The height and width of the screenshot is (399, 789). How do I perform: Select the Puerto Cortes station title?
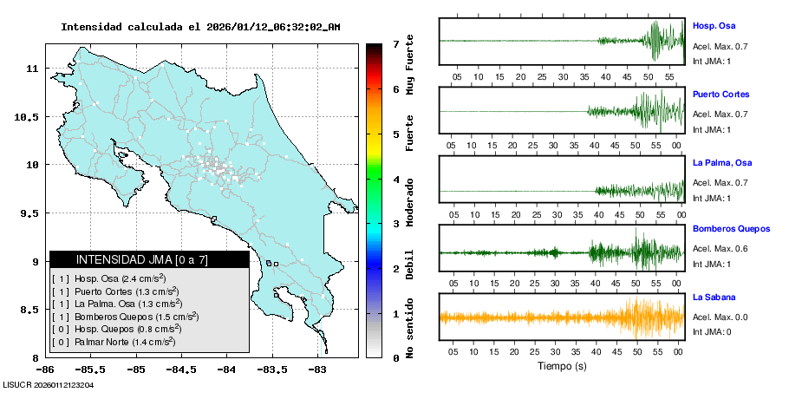click(x=721, y=94)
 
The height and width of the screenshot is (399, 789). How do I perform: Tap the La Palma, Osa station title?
click(x=722, y=162)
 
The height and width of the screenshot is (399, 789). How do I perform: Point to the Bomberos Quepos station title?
click(x=731, y=229)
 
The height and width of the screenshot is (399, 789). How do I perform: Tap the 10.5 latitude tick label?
click(x=32, y=117)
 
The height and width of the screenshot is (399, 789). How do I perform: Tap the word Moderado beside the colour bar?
click(x=410, y=202)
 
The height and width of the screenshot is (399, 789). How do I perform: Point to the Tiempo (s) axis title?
click(x=560, y=366)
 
